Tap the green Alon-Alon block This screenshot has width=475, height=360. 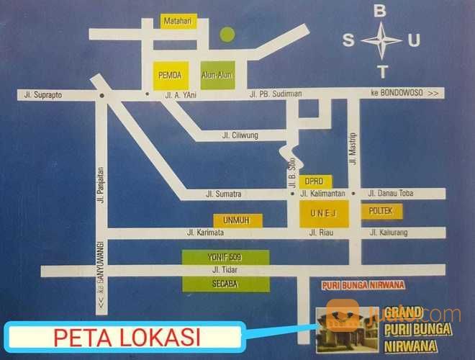222,74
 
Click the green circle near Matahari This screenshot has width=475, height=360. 227,33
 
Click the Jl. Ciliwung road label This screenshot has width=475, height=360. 240,135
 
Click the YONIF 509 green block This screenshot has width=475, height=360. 225,258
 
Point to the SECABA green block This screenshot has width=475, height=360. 225,284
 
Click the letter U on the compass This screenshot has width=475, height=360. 413,40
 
